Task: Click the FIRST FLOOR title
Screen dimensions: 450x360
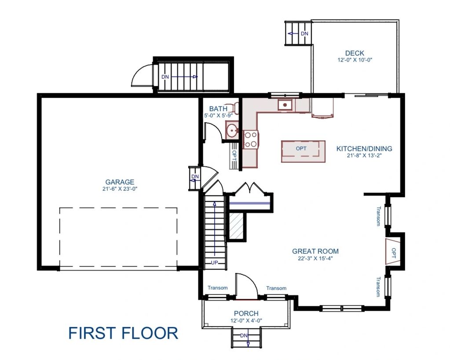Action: click(123, 333)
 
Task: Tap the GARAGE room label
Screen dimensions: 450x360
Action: click(120, 182)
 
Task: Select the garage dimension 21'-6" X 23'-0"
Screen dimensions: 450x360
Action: click(120, 189)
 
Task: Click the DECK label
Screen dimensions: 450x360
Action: click(355, 53)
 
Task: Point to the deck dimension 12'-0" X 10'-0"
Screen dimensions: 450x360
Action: click(355, 60)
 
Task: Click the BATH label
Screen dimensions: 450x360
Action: click(218, 109)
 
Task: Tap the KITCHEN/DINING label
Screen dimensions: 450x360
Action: click(364, 149)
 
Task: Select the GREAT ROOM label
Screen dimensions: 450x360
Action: click(315, 251)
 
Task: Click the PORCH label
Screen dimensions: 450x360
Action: click(246, 313)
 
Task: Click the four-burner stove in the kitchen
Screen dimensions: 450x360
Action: click(251, 139)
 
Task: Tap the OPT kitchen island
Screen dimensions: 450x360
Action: click(303, 152)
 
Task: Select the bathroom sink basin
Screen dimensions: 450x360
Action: click(232, 131)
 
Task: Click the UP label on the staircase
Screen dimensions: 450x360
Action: click(214, 262)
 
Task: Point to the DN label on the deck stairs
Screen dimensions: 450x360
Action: click(304, 33)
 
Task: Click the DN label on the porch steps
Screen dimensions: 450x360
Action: click(244, 335)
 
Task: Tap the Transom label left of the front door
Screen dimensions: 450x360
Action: click(218, 288)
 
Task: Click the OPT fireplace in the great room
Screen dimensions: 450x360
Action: click(393, 251)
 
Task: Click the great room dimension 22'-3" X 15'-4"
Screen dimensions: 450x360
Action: click(315, 258)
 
